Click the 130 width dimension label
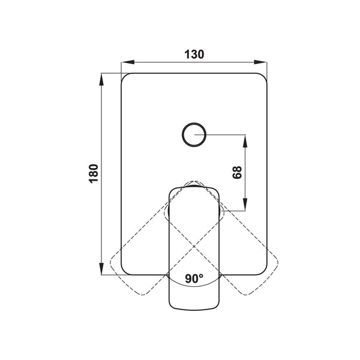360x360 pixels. (194, 55)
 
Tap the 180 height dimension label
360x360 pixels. (94, 173)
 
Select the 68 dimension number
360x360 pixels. (237, 172)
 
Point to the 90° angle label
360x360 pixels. (194, 278)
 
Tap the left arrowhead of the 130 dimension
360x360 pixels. (128, 62)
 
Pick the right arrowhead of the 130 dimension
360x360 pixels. (260, 62)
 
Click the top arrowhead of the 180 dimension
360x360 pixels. (101, 79)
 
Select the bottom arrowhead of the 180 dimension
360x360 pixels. (101, 269)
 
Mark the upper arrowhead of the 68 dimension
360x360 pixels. (245, 141)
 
